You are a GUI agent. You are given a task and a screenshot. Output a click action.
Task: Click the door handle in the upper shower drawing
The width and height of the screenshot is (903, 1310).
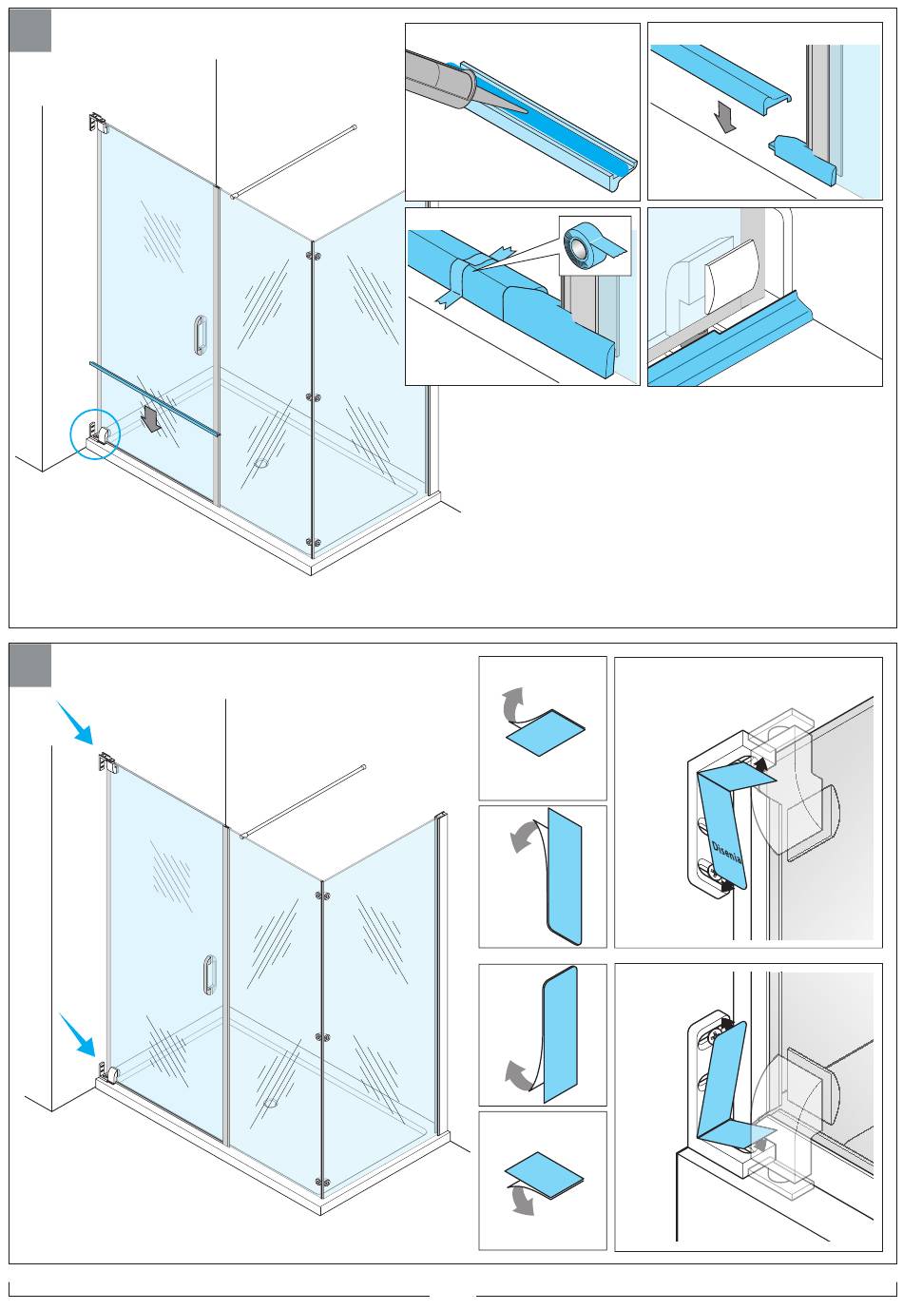[x=199, y=337]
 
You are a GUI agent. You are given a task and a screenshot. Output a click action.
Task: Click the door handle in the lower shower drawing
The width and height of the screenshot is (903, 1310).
[x=208, y=974]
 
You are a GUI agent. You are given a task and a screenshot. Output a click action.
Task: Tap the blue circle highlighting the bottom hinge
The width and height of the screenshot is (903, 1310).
[x=95, y=436]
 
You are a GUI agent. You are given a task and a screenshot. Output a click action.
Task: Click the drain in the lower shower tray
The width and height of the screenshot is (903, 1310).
[x=272, y=1104]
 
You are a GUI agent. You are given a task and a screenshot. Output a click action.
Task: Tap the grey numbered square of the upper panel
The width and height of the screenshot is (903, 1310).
[x=30, y=31]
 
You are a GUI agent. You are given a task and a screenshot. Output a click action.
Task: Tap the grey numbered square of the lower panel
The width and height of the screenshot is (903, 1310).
[x=30, y=665]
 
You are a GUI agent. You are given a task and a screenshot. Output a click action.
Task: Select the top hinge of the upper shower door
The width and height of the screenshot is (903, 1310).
[x=96, y=124]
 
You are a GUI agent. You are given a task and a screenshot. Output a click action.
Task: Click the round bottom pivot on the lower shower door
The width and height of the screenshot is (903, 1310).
[x=114, y=1075]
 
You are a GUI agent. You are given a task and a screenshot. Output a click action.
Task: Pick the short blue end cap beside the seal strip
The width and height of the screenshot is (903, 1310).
[x=802, y=160]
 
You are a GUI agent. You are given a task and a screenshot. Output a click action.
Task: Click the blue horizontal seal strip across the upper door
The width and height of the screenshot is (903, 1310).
[x=154, y=397]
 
